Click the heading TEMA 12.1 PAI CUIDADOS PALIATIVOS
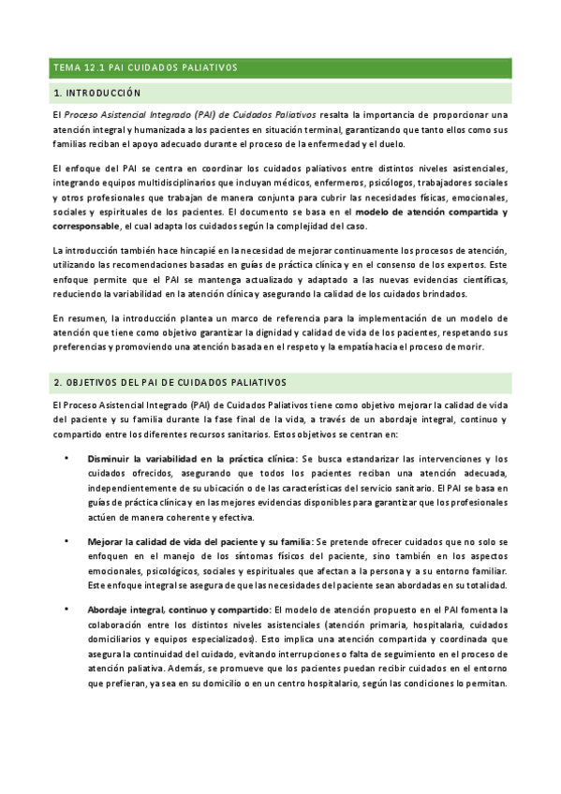pos(145,67)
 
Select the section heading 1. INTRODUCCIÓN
pos(97,94)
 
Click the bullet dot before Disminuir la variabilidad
pos(66,459)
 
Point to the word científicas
pos(478,281)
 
